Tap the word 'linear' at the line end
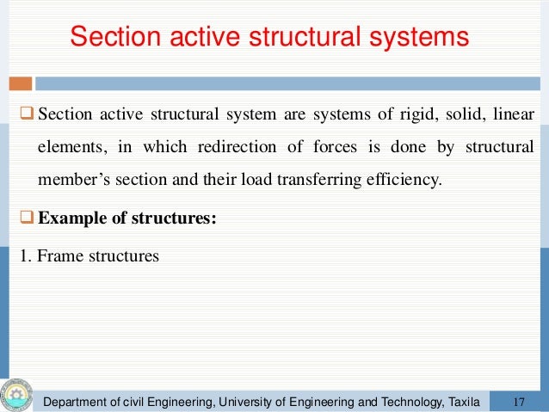[513, 114]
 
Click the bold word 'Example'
[73, 218]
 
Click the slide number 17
[519, 401]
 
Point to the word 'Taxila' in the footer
[458, 401]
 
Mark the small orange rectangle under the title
[22, 83]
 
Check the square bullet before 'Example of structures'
[27, 218]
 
